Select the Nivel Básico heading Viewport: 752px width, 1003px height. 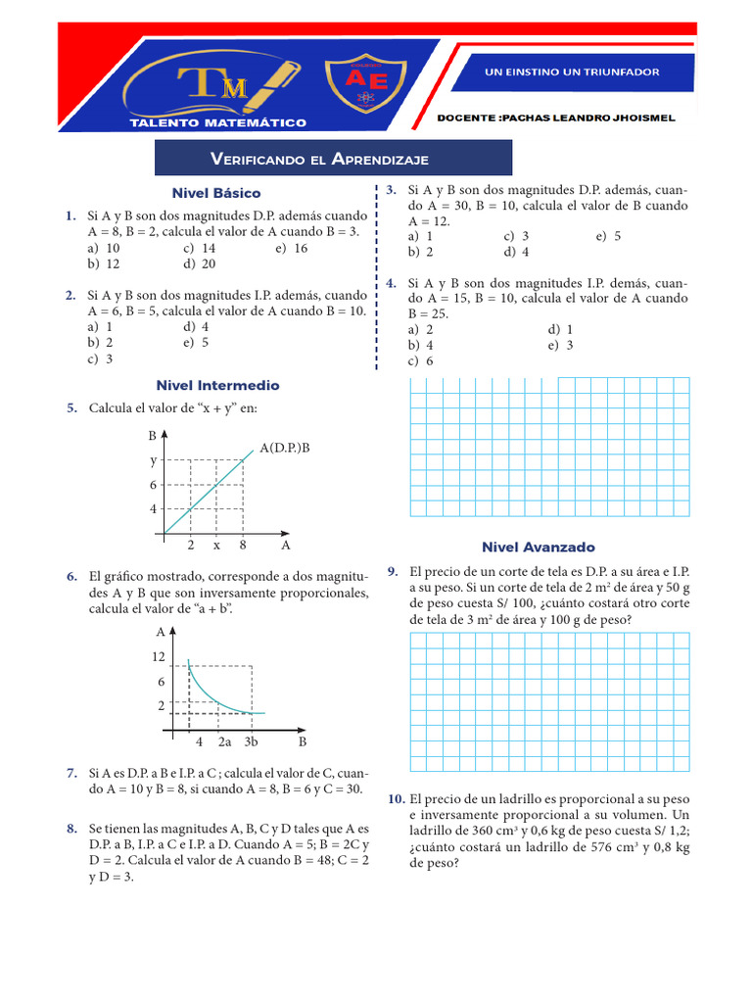216,193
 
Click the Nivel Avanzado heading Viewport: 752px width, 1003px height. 538,547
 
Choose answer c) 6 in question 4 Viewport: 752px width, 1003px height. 421,360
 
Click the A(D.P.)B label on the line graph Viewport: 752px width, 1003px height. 285,448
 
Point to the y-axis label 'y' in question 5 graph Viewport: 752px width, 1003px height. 153,459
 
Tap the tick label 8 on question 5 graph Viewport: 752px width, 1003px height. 242,545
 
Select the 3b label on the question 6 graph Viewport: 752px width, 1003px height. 251,741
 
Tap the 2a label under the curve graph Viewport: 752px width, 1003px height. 224,741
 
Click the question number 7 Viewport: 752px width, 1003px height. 72,774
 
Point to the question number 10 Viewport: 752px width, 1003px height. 396,798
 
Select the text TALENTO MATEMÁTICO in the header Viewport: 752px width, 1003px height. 219,122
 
